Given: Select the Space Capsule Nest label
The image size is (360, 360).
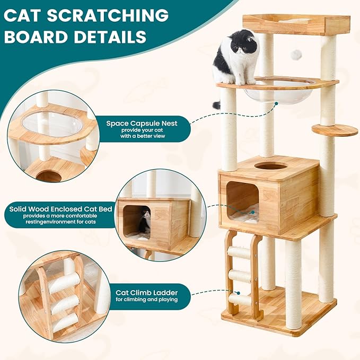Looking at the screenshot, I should coord(142,124).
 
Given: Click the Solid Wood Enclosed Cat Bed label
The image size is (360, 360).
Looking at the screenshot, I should coord(60,209).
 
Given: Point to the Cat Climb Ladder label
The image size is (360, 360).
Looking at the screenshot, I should coord(146,292).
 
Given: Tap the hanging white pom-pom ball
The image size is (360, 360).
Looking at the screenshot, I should coord(297,54).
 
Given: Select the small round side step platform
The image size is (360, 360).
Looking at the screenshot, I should coord(335,129).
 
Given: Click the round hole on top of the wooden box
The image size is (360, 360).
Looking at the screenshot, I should coord(270,166).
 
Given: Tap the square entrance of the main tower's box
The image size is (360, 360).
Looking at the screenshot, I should coord(243,201).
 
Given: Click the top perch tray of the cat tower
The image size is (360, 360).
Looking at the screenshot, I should coord(296,24).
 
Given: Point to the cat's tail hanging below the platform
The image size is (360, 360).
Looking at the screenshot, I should coord(217,104).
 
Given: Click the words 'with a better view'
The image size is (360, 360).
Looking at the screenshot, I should coord(142,136).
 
